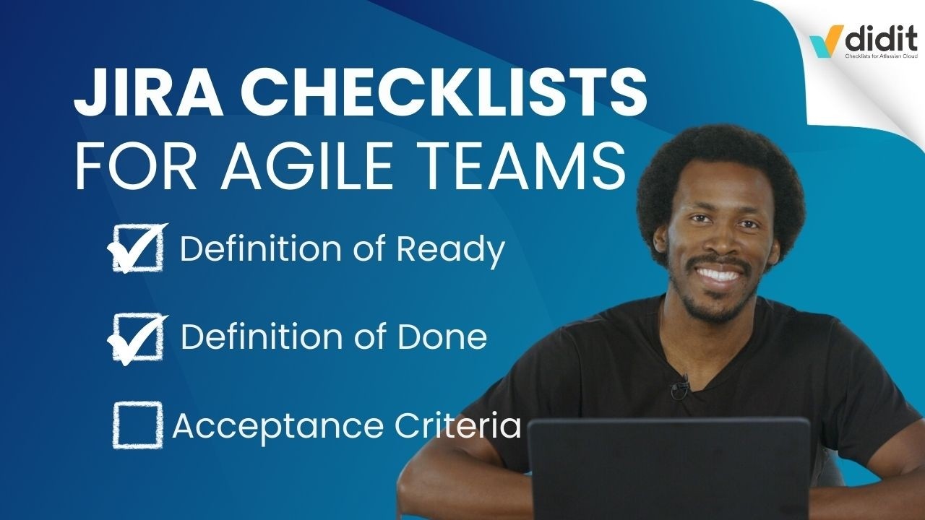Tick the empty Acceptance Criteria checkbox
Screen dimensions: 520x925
(135, 425)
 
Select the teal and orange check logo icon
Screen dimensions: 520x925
(824, 42)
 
